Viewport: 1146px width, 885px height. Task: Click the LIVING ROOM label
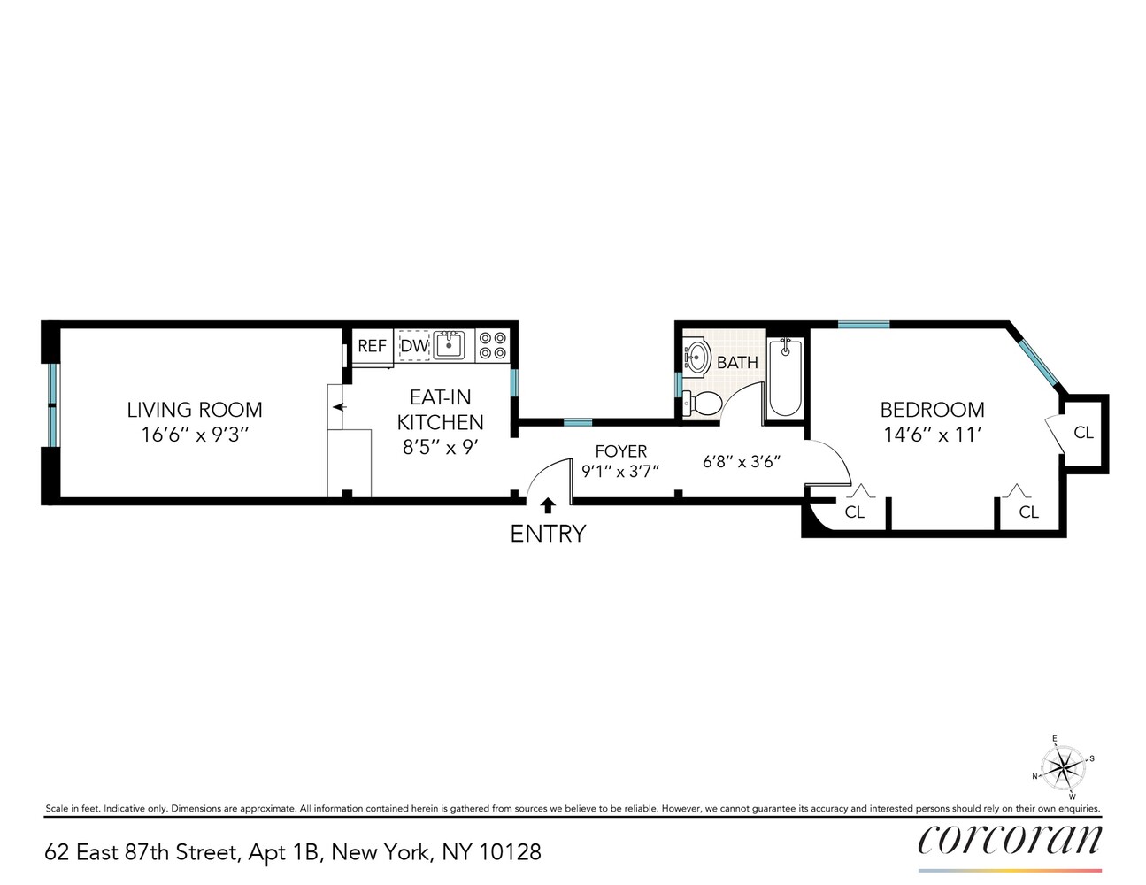pyautogui.click(x=195, y=410)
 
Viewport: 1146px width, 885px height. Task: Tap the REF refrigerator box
pyautogui.click(x=372, y=346)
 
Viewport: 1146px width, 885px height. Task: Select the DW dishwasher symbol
pyautogui.click(x=414, y=346)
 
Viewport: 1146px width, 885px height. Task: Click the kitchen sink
pyautogui.click(x=450, y=345)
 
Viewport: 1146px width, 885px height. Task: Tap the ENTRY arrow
pyautogui.click(x=548, y=505)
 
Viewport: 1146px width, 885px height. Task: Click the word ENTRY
pyautogui.click(x=548, y=534)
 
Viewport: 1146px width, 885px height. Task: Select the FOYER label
pyautogui.click(x=620, y=451)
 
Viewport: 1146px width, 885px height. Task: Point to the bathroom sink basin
pyautogui.click(x=698, y=358)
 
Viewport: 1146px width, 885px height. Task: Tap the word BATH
pyautogui.click(x=737, y=363)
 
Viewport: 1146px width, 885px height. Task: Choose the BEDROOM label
pyautogui.click(x=932, y=410)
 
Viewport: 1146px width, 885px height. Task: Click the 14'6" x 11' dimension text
pyautogui.click(x=932, y=435)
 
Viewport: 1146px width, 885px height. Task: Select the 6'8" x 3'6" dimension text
pyautogui.click(x=742, y=462)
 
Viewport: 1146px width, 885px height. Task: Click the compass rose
pyautogui.click(x=1064, y=764)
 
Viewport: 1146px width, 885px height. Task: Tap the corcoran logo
pyautogui.click(x=1010, y=839)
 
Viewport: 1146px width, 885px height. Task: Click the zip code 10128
pyautogui.click(x=510, y=852)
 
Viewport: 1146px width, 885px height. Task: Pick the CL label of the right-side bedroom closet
pyautogui.click(x=1083, y=433)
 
